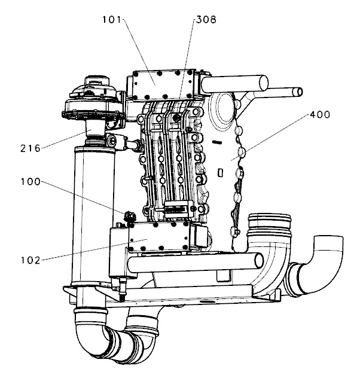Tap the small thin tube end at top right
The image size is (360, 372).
coord(298,91)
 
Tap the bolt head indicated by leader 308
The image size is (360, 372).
coord(177,119)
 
